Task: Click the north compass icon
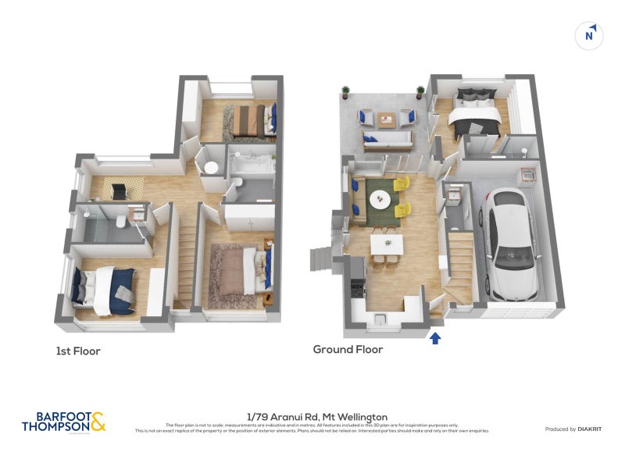point(591,35)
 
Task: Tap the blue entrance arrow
point(435,337)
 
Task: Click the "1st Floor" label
point(78,351)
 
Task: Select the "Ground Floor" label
point(348,349)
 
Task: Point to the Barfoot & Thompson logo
point(63,422)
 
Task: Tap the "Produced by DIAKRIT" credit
point(572,429)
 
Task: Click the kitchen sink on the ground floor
point(381,319)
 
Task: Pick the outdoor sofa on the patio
point(388,141)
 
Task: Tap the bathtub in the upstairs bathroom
point(250,166)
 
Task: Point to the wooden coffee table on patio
point(387,119)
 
